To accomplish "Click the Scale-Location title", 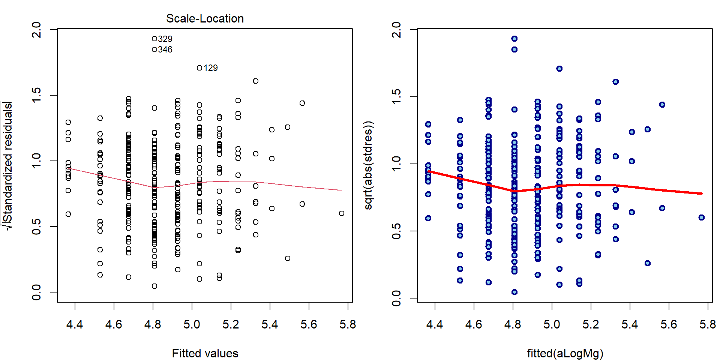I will click(x=205, y=18).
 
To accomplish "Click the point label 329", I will click(x=165, y=39).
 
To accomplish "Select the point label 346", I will click(x=165, y=49).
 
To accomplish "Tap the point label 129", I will click(x=210, y=68).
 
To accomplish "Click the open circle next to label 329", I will click(x=154, y=39).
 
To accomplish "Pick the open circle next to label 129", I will click(x=199, y=68).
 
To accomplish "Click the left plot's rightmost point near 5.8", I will click(x=342, y=213).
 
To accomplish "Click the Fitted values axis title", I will click(x=205, y=353).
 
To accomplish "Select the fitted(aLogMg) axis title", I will click(x=565, y=353).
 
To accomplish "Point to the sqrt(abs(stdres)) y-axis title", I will click(x=369, y=165).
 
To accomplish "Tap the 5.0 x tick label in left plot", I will click(x=192, y=324).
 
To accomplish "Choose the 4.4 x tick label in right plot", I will click(x=435, y=324).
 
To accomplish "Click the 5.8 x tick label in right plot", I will click(x=708, y=324).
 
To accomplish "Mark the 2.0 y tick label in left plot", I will click(x=36, y=29).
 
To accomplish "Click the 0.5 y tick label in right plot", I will click(x=396, y=231).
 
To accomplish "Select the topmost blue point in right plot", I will click(x=514, y=39).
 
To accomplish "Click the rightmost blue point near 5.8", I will click(x=702, y=217).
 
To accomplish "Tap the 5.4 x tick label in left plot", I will click(x=270, y=324).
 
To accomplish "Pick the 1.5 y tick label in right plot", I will click(x=396, y=97).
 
